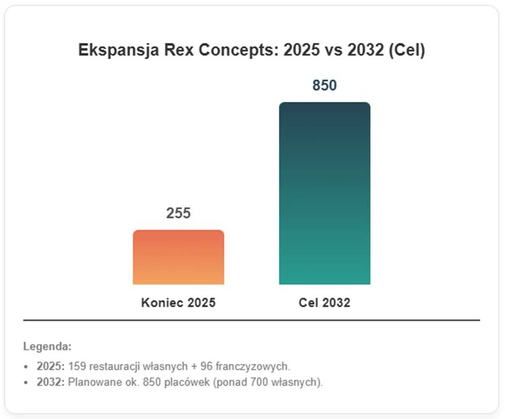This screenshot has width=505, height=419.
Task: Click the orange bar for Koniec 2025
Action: [178, 257]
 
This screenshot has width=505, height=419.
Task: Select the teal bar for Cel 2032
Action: [325, 193]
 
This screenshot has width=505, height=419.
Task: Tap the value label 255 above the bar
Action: [178, 213]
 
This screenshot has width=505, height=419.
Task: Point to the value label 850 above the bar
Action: [325, 85]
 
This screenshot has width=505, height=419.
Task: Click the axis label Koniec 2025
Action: [178, 303]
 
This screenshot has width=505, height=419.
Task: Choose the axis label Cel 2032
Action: [324, 303]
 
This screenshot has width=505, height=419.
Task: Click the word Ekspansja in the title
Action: [119, 50]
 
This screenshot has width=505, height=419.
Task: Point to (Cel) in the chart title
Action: [407, 50]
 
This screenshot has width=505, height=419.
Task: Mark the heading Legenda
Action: [48, 346]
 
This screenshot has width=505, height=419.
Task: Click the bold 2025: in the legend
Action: [51, 366]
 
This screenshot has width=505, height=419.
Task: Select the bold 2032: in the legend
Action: [51, 382]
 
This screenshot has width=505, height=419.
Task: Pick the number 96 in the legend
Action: [206, 366]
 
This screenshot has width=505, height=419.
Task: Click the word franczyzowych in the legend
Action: [253, 367]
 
